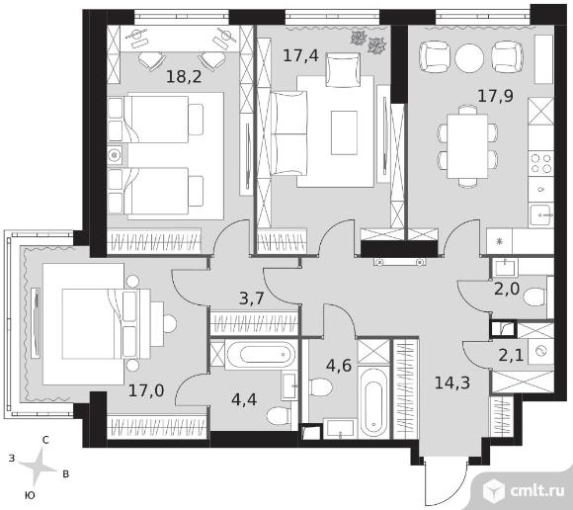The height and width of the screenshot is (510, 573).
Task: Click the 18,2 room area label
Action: tap(184, 76)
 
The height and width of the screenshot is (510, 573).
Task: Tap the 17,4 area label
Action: tap(300, 55)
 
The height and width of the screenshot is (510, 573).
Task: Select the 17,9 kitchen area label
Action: tap(496, 96)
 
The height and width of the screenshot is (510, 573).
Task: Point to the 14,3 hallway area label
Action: tap(452, 382)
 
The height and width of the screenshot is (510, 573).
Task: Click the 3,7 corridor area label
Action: tap(251, 298)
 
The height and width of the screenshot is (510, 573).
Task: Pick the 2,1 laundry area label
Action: tap(511, 355)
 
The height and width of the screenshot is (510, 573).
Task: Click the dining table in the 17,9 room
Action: tap(467, 146)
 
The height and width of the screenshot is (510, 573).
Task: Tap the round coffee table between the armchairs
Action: tap(469, 57)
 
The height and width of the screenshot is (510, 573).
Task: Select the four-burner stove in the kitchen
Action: tap(540, 163)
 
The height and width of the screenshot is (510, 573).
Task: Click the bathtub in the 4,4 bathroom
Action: tap(261, 354)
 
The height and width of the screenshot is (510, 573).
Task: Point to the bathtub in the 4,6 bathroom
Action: tap(373, 402)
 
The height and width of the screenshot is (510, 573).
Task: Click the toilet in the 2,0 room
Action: tap(534, 297)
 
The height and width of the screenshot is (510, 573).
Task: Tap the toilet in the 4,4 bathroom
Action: tap(278, 416)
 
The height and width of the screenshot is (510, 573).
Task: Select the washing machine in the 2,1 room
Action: tap(541, 351)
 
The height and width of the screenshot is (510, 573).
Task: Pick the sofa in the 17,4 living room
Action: tap(288, 133)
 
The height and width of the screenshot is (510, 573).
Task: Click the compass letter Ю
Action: tap(30, 495)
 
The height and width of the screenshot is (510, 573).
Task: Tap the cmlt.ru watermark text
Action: tap(537, 490)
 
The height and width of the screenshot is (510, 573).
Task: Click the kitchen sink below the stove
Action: tap(540, 215)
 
